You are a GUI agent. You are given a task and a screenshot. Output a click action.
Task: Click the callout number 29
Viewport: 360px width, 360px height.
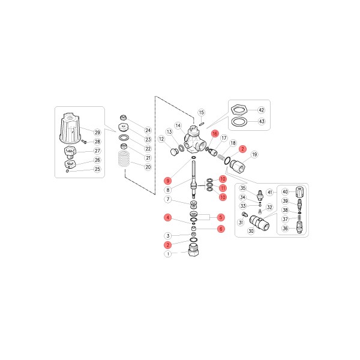[x=98, y=133]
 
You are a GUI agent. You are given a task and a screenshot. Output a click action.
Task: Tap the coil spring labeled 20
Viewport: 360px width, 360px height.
[x=124, y=159]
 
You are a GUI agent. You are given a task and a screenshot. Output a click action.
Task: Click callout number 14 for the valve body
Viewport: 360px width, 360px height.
[x=178, y=125]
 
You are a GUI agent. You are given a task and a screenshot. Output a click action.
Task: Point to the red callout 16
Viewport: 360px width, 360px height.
[x=215, y=134]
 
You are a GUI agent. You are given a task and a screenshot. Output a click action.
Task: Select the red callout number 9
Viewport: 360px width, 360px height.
[x=168, y=181]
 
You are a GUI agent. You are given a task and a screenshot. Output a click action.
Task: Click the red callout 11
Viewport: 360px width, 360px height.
[x=223, y=188]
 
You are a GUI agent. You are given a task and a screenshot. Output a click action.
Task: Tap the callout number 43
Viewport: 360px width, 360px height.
[x=262, y=121]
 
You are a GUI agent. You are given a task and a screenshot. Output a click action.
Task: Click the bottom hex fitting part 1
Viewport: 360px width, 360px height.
[x=193, y=250]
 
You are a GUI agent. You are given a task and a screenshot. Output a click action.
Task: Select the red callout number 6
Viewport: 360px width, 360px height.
[x=221, y=229]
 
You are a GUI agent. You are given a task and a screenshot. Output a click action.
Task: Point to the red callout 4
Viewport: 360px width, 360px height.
[x=168, y=217]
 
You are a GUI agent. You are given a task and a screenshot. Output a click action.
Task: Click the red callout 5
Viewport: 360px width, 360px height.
[x=221, y=217]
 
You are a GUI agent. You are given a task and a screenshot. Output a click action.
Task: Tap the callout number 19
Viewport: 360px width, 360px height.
[x=254, y=155]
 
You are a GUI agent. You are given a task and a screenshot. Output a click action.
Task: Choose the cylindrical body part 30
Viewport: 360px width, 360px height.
[x=259, y=222]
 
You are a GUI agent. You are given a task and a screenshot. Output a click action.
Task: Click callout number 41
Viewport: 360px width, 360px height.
[x=270, y=192]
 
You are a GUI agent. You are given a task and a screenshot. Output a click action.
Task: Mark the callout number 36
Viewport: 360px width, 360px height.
[x=285, y=228]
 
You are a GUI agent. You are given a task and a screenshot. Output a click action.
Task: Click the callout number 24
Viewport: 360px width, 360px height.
[x=148, y=130]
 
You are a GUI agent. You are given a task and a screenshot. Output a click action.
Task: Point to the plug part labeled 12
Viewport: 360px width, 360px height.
[x=174, y=152]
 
